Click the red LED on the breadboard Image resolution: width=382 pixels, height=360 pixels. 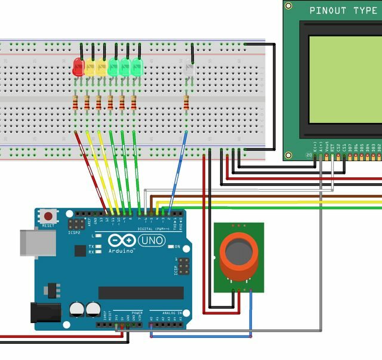click(78, 66)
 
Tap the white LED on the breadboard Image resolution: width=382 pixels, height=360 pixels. click(190, 69)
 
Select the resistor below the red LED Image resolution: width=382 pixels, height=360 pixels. click(76, 103)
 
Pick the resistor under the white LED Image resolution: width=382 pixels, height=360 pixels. click(186, 103)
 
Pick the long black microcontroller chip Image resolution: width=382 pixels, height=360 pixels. click(141, 293)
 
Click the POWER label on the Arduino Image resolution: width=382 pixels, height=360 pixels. click(137, 312)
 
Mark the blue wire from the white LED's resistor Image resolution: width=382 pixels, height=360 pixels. click(178, 170)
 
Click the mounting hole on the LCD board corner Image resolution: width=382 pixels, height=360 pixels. click(289, 5)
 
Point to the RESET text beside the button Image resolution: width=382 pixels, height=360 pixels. click(48, 226)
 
